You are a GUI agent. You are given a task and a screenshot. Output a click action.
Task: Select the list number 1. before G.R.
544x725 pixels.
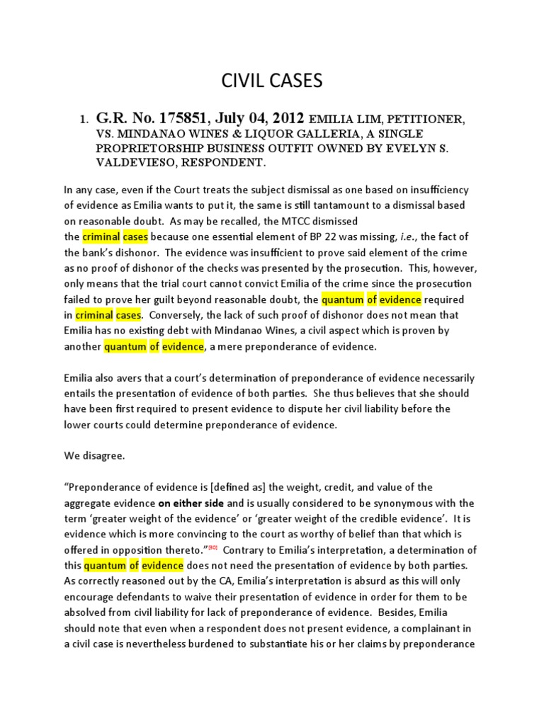tap(82, 120)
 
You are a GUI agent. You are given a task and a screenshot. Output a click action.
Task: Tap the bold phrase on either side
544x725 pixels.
tap(190, 503)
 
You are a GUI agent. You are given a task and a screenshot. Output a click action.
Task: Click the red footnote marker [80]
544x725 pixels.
tap(212, 547)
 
